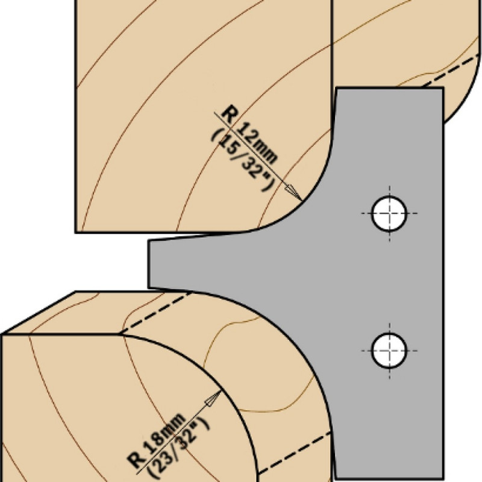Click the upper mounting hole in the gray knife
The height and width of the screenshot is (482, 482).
point(389,213)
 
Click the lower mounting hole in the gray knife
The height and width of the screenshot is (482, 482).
point(389,349)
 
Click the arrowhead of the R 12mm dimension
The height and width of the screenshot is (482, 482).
point(293,191)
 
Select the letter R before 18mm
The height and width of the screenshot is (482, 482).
point(137,462)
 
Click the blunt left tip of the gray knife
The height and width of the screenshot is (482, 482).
point(149,264)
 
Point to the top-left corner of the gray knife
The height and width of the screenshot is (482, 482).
point(337,88)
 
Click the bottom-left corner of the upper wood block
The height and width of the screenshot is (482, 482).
point(76,232)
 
